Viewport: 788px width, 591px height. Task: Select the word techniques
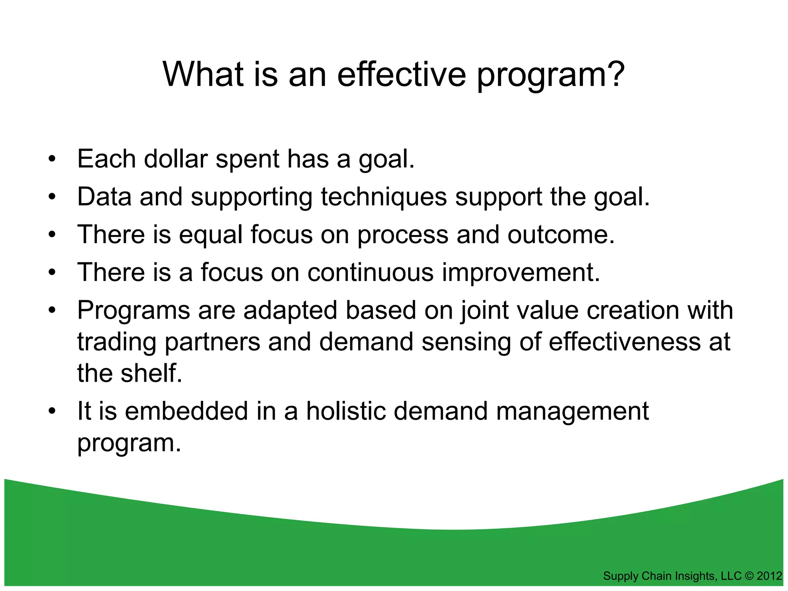pyautogui.click(x=384, y=197)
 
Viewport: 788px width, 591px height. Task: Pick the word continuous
pyautogui.click(x=370, y=272)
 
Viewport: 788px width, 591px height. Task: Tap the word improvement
pyautogui.click(x=521, y=272)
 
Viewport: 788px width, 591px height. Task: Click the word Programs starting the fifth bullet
pyautogui.click(x=134, y=311)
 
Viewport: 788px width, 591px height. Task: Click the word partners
pyautogui.click(x=212, y=342)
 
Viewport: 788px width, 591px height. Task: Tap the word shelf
pyautogui.click(x=151, y=373)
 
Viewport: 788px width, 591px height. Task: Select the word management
pyautogui.click(x=572, y=411)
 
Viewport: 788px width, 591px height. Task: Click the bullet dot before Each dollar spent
pyautogui.click(x=52, y=160)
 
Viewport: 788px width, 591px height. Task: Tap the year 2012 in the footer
pyautogui.click(x=769, y=576)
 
